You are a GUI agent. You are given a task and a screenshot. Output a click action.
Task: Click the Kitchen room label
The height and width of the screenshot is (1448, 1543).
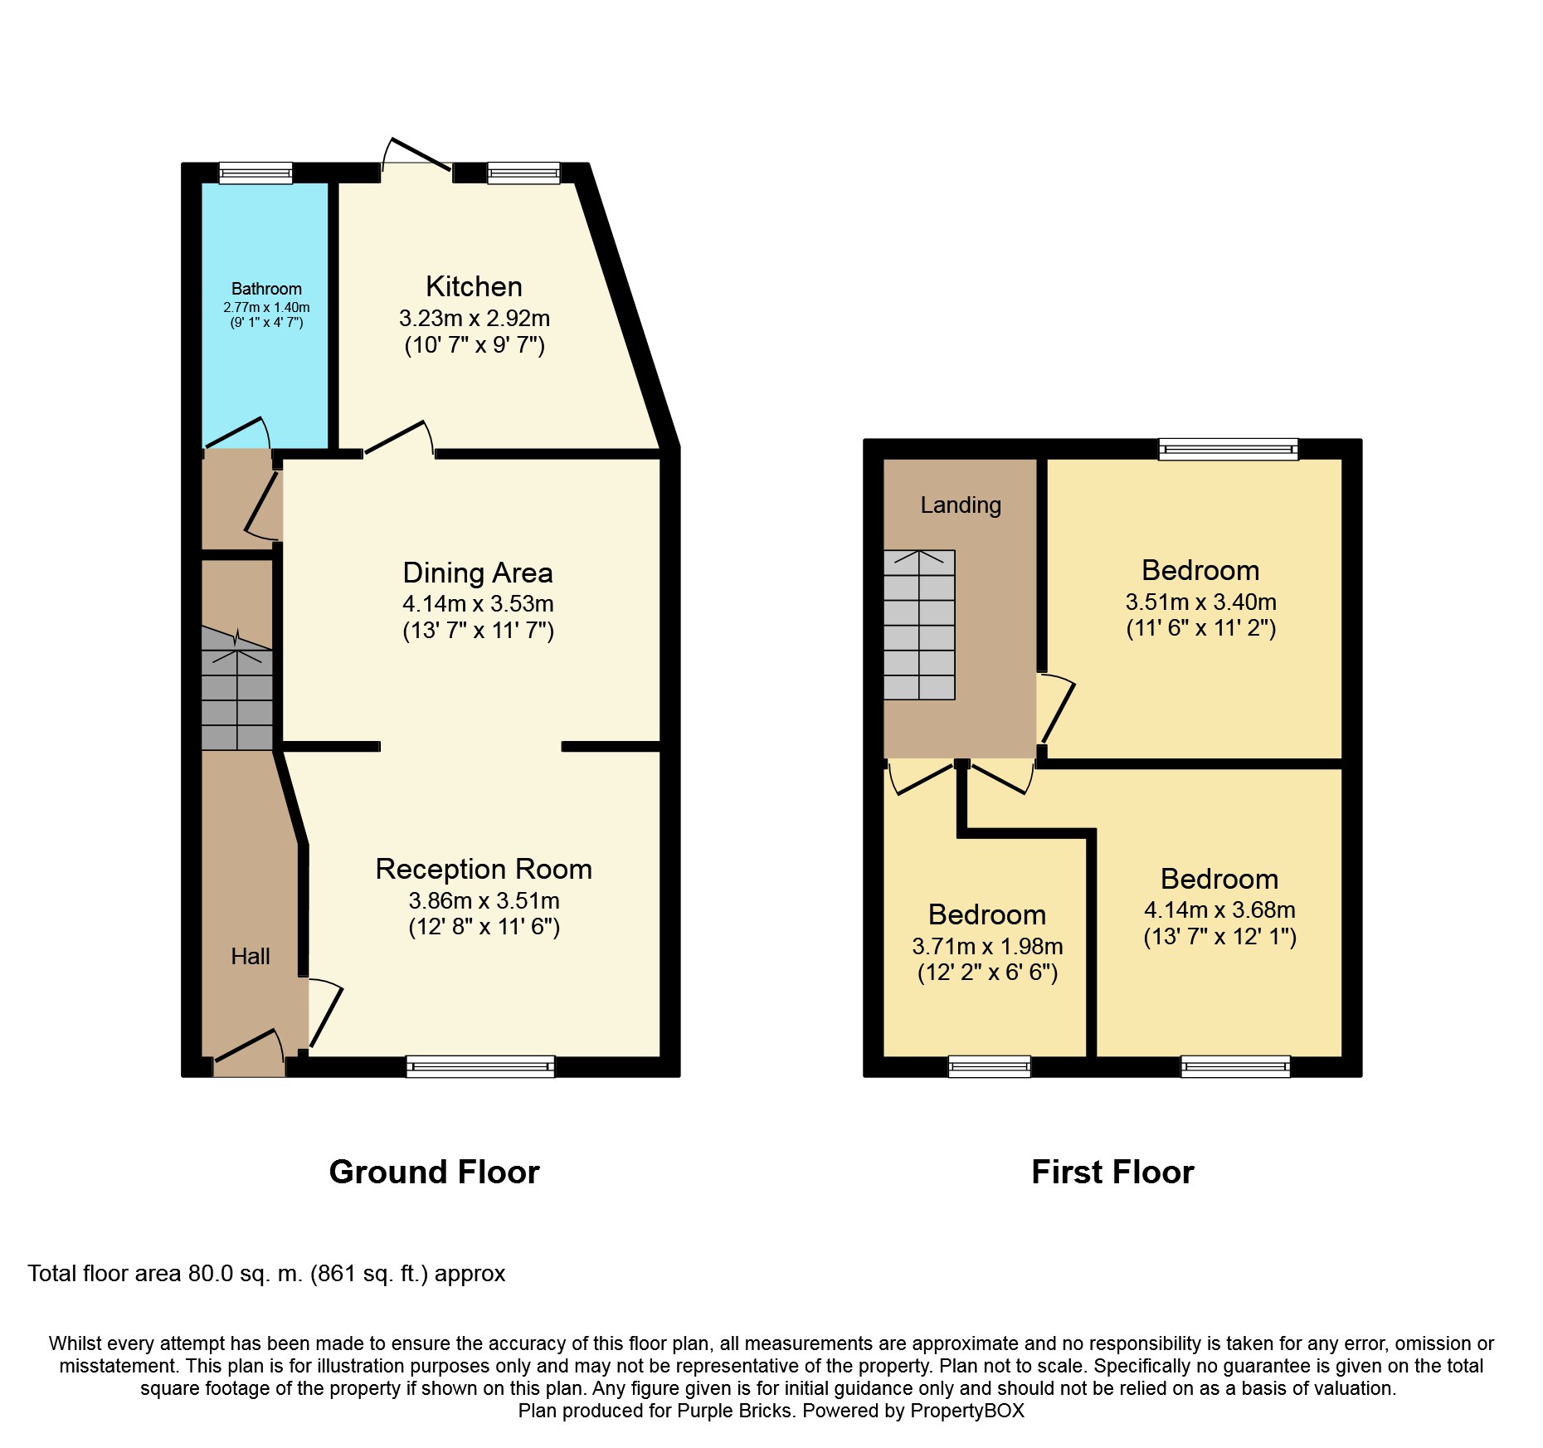tap(474, 286)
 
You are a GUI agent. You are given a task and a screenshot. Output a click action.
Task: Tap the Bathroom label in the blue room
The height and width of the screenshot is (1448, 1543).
tap(266, 289)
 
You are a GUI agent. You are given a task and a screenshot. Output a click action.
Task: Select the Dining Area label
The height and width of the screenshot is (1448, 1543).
tap(478, 573)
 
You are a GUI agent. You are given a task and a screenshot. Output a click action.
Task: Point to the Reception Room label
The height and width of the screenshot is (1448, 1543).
tap(484, 869)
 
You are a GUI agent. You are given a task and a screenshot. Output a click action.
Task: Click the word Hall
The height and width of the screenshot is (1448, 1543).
tap(251, 957)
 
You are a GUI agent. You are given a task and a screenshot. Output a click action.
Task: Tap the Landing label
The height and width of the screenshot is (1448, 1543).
tap(961, 505)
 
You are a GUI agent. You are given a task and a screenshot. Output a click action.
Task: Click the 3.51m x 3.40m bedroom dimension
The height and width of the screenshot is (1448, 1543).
tap(1200, 602)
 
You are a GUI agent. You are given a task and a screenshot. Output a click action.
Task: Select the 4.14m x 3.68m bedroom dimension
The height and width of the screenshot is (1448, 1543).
tap(1219, 909)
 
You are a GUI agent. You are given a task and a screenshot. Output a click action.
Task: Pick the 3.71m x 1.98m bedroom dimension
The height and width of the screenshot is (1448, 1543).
tap(987, 946)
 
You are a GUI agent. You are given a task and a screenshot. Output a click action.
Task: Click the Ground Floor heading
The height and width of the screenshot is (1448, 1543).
tap(434, 1172)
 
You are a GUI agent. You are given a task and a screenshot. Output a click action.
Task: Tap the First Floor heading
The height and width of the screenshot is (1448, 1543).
tap(1112, 1172)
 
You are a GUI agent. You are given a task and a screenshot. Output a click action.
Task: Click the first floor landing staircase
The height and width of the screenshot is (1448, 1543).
tap(919, 625)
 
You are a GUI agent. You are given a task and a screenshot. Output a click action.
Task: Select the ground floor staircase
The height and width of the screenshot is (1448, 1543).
tap(237, 689)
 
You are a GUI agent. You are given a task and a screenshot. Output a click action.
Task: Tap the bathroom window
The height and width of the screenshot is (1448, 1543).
tap(256, 173)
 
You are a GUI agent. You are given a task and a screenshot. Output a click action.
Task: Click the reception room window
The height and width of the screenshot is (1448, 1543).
tap(480, 1066)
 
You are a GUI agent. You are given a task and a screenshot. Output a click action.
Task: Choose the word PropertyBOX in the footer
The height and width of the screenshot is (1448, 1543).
tap(967, 1411)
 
